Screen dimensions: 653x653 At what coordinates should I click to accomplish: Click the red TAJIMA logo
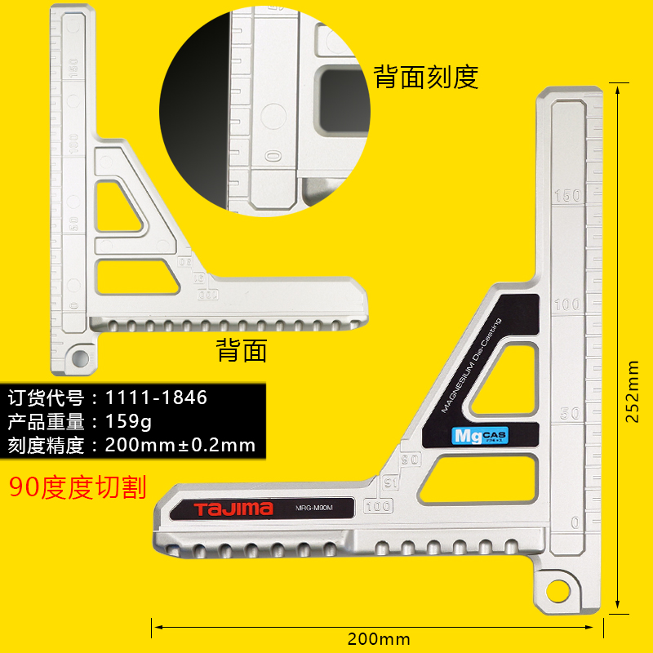tap(233, 509)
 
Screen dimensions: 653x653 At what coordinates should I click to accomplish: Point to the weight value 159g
tap(129, 422)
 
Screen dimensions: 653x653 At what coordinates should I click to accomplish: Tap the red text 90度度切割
tap(78, 487)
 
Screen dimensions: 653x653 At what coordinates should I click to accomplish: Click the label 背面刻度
tap(425, 77)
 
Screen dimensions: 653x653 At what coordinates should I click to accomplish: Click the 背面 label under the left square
tap(242, 350)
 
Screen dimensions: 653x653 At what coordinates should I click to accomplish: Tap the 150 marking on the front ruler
tap(567, 196)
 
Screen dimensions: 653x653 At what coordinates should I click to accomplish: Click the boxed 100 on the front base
tap(380, 506)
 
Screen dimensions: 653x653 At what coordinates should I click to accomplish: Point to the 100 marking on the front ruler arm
tap(567, 304)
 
